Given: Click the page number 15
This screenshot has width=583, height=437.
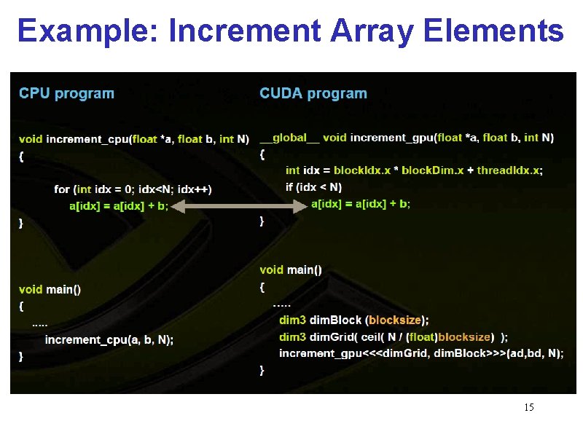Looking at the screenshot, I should point(529,407).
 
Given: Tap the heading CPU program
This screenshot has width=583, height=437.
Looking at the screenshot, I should point(66,93).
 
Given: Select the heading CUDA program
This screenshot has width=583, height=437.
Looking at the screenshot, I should point(313,93).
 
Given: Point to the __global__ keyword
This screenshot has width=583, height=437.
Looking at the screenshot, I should point(289,137).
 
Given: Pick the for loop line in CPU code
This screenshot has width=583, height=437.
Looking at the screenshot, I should point(133,189).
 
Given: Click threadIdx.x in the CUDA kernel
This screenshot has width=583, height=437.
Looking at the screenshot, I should point(509,170).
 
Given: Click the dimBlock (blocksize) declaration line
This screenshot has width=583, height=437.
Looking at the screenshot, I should point(354,320).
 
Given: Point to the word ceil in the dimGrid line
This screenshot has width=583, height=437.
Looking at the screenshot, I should point(368,336).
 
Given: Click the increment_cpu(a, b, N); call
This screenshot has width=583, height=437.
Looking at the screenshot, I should point(109,339).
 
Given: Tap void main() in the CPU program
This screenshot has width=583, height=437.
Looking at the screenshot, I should point(50,289).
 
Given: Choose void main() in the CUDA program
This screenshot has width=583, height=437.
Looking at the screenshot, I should point(291,269).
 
